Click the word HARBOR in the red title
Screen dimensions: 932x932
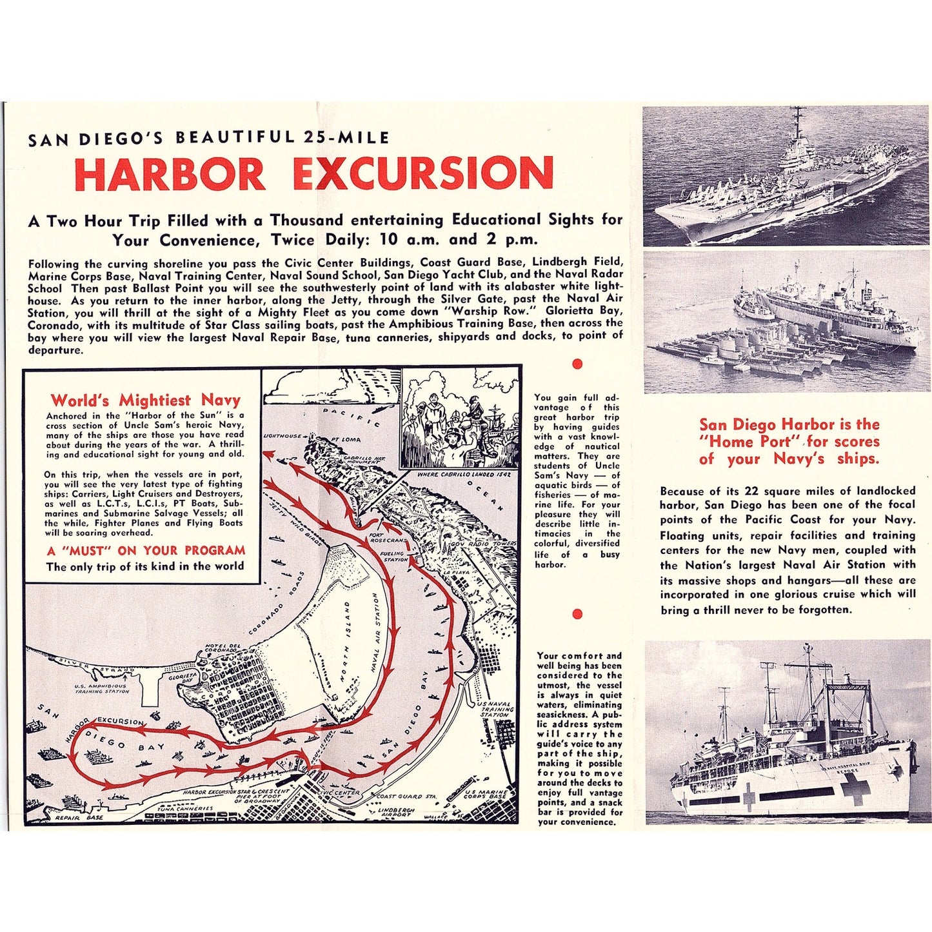click(170, 174)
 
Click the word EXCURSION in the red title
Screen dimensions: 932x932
click(423, 174)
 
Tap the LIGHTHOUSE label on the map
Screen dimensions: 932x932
click(283, 436)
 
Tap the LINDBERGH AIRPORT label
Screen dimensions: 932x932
click(395, 811)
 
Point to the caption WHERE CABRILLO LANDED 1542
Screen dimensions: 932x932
click(459, 475)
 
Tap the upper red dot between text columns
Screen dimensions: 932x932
click(577, 364)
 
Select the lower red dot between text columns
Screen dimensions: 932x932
click(577, 614)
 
